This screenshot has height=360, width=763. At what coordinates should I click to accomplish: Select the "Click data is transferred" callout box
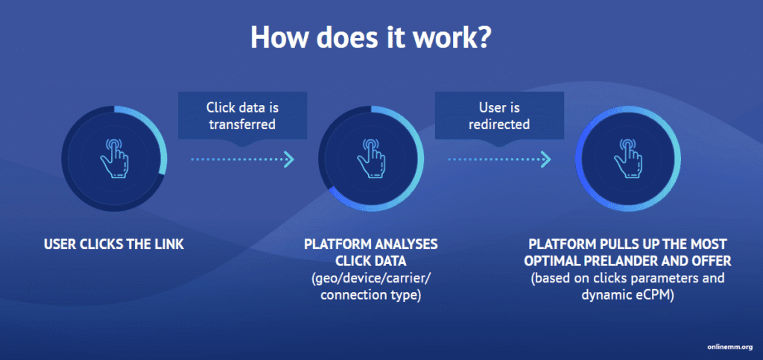[242, 116]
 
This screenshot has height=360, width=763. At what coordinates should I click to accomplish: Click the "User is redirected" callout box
[498, 116]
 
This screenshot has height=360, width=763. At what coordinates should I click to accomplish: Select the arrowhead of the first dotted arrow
[290, 159]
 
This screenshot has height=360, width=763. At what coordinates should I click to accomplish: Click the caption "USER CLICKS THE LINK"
[113, 244]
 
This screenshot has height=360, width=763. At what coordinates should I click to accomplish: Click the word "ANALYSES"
[408, 244]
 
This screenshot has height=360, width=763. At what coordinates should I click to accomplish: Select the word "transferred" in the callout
[242, 124]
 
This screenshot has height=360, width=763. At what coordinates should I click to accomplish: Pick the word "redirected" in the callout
[498, 124]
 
